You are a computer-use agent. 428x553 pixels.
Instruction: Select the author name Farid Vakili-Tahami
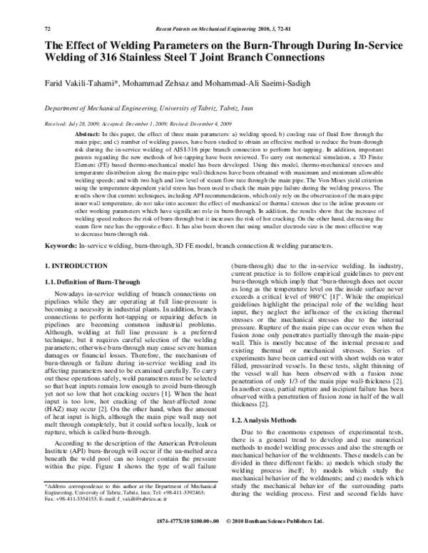point(77,83)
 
